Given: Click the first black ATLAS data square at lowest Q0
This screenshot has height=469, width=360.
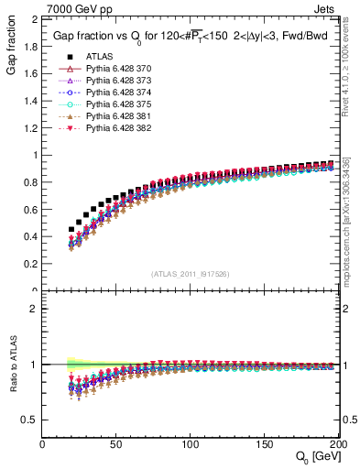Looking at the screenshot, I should pyautogui.click(x=71, y=230).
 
